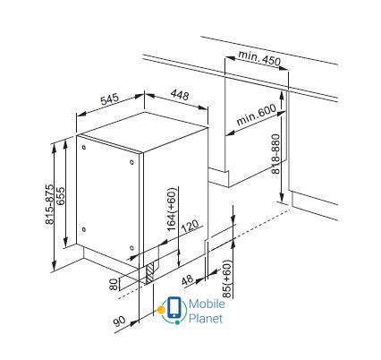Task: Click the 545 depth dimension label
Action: [109, 99]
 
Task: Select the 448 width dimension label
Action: [180, 95]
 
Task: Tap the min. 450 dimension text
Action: [259, 58]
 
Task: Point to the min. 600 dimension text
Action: [256, 115]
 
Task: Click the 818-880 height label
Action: [275, 154]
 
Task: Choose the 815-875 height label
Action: [50, 204]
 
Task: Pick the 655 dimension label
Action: [60, 196]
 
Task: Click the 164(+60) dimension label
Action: [172, 209]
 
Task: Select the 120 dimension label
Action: [190, 227]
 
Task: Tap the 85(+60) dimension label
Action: [227, 279]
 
